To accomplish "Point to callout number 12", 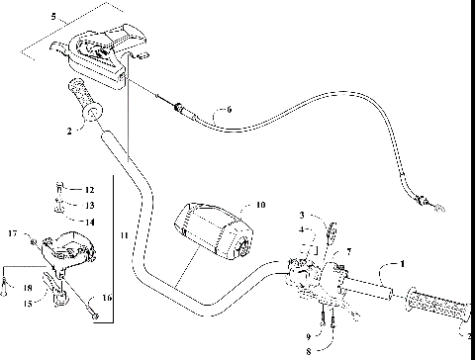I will (88, 189).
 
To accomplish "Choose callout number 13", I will (88, 204).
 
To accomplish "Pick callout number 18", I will (27, 287).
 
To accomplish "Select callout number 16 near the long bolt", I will (105, 297).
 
